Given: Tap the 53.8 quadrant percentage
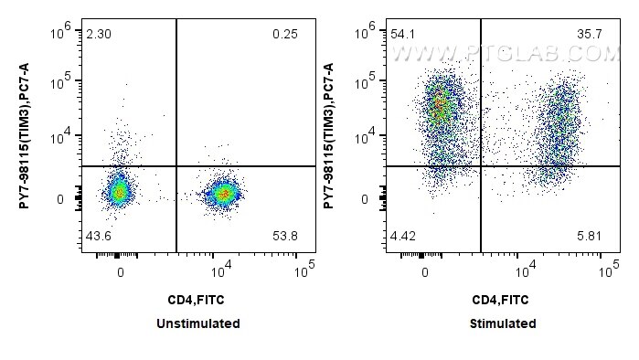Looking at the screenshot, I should [x=285, y=236].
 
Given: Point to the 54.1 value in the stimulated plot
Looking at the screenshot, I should [x=403, y=34].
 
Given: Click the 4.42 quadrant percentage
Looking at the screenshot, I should [x=403, y=236].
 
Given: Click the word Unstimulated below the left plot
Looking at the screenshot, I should [x=198, y=323].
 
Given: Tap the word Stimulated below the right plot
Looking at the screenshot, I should [x=504, y=323].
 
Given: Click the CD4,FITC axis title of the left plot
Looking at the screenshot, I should [x=197, y=299].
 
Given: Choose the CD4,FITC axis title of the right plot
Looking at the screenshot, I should [x=504, y=299].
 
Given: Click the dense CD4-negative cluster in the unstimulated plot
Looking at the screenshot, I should [x=118, y=192].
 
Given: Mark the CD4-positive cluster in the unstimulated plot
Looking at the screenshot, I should [x=223, y=193].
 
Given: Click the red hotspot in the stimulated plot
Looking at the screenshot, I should [x=440, y=106].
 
